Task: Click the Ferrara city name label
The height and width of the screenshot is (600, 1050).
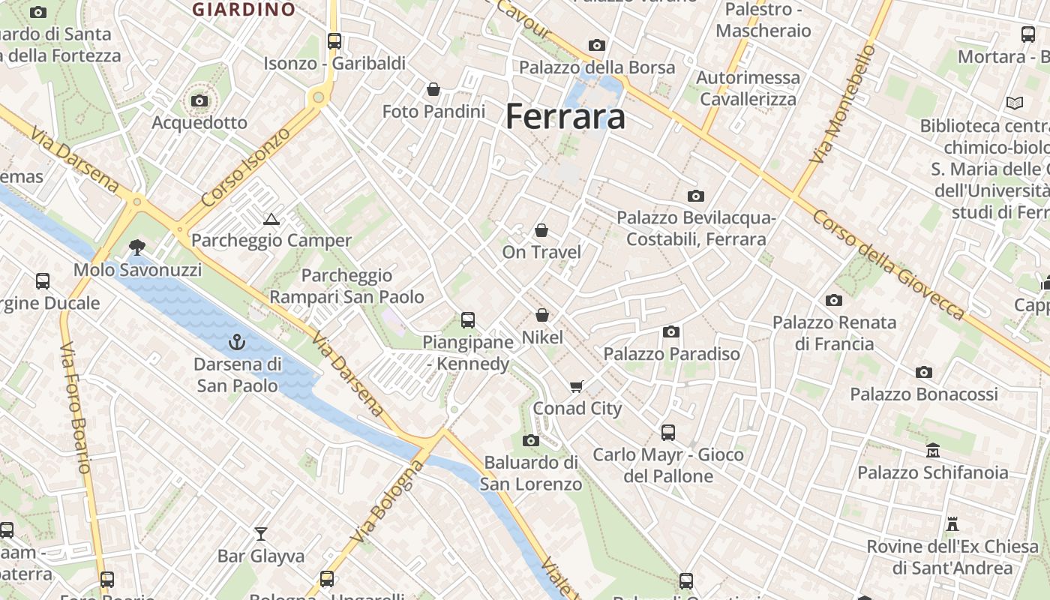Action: (565, 117)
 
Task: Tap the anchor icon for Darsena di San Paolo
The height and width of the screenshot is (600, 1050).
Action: (237, 343)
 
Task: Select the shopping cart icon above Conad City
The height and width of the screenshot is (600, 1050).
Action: (576, 387)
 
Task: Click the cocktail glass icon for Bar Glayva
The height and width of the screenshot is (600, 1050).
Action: (261, 534)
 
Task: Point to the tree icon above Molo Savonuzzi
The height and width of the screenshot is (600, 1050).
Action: (137, 247)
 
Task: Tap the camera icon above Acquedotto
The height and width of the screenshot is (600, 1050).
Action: (199, 100)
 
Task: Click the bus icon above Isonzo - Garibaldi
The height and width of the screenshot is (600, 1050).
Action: (334, 41)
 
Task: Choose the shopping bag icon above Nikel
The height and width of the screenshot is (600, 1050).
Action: (542, 316)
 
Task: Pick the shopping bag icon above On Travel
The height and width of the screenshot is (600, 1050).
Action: (541, 230)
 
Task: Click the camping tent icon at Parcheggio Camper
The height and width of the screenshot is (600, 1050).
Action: (271, 219)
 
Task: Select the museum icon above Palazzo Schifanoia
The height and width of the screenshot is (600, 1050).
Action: (933, 451)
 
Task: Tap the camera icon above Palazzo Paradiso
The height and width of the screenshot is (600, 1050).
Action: (671, 332)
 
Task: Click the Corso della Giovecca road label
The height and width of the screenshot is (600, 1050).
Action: (889, 265)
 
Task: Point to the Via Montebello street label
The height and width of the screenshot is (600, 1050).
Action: (842, 104)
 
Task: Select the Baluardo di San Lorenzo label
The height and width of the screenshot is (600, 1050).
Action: (531, 473)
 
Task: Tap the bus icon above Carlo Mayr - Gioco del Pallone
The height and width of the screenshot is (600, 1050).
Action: (668, 433)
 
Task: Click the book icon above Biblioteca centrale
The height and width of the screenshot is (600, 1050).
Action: (1015, 103)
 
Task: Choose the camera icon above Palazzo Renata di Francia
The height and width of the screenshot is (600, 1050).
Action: (834, 301)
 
